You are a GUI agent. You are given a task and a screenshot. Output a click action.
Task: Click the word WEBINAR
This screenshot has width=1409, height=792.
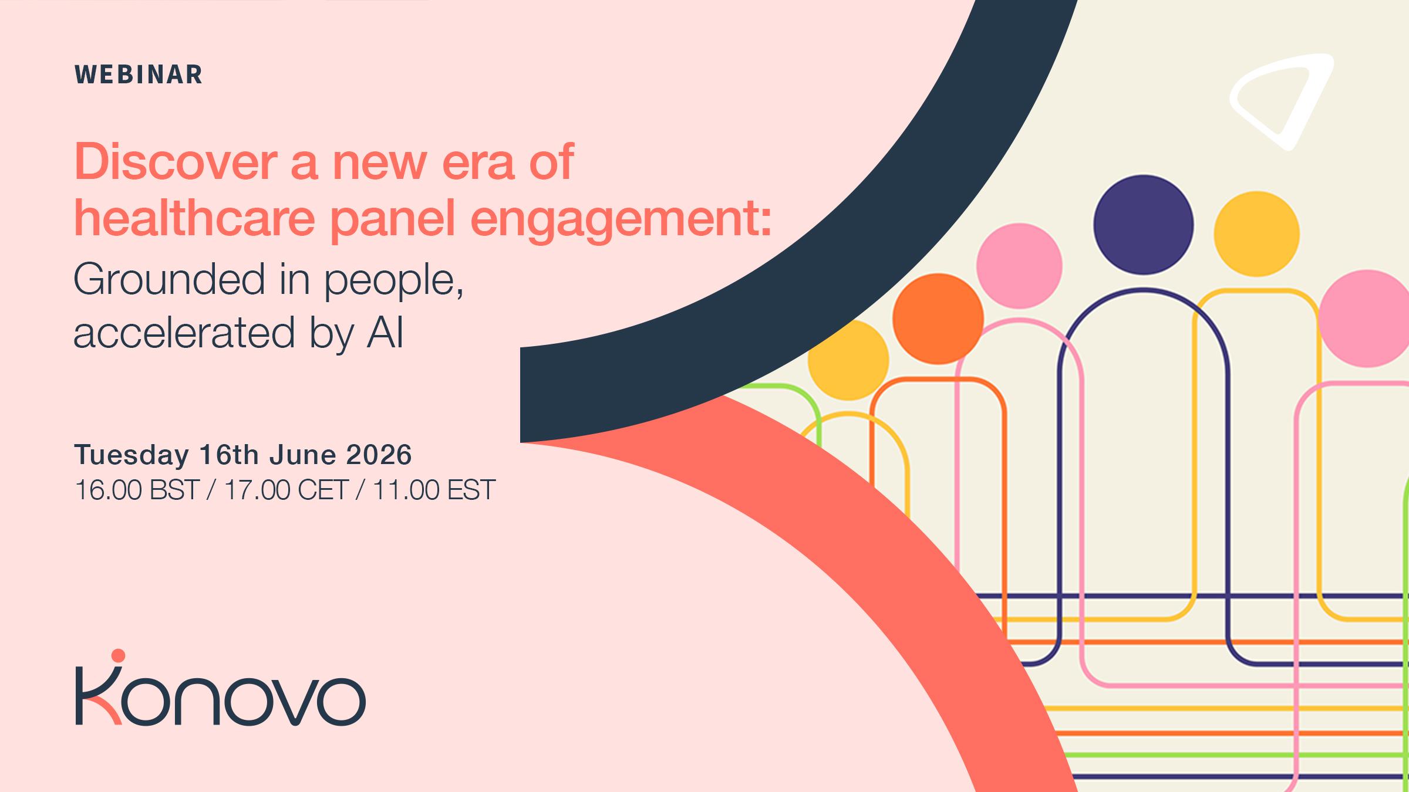pyautogui.click(x=139, y=75)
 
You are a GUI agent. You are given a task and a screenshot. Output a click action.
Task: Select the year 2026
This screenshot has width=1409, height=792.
pyautogui.click(x=379, y=455)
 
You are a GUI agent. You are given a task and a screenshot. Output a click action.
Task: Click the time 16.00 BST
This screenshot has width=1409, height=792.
pyautogui.click(x=137, y=489)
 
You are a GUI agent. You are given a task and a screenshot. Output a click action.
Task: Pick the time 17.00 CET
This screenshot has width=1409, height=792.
pyautogui.click(x=286, y=489)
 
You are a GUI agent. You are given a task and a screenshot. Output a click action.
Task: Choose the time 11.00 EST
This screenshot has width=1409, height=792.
pyautogui.click(x=434, y=489)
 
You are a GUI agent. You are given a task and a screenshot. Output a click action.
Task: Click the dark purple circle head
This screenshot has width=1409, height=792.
pyautogui.click(x=1143, y=224)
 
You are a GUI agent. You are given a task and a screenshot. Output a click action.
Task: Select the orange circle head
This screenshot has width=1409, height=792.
pyautogui.click(x=938, y=319)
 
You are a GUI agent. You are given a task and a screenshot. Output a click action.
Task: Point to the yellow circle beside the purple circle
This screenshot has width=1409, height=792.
pyautogui.click(x=1256, y=233)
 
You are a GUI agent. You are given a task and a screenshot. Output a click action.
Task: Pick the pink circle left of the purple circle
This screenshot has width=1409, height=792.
pyautogui.click(x=1019, y=266)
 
